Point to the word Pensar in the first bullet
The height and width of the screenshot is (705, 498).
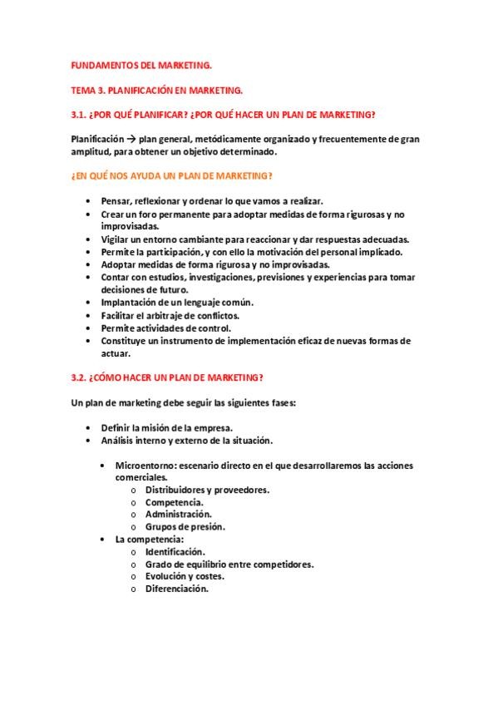[x=116, y=201]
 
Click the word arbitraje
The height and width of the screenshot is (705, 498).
[x=174, y=315]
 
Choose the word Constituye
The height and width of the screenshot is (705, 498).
[x=126, y=340]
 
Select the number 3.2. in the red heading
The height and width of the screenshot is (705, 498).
[x=81, y=378]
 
